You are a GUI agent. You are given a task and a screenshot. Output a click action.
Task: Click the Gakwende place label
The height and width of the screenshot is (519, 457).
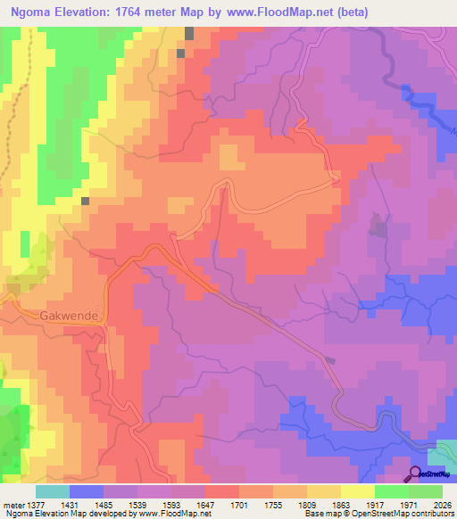tap(73, 315)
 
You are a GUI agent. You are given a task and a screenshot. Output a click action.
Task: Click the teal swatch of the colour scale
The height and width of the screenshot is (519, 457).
tap(53, 491)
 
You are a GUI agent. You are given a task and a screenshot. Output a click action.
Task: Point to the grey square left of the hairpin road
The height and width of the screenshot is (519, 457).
tap(86, 202)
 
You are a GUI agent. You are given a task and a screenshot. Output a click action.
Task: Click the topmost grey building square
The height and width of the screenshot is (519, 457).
tap(189, 33)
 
